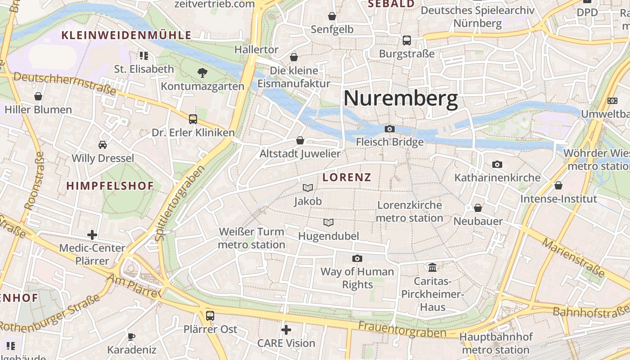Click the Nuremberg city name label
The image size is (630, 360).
(400, 99)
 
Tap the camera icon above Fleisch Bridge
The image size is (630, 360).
(390, 129)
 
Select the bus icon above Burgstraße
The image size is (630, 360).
(407, 40)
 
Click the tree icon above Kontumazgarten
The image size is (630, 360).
(202, 72)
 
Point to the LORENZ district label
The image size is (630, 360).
(347, 177)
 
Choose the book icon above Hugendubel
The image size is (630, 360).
(329, 222)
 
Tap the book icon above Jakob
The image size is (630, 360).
(308, 188)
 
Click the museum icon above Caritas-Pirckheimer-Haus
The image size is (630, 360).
(432, 268)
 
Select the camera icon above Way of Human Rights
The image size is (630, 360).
(357, 258)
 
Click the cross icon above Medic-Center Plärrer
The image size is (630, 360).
(92, 234)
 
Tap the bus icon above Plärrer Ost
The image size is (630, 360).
(210, 315)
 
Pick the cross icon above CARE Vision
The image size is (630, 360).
(286, 330)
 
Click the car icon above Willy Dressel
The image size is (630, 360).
(103, 145)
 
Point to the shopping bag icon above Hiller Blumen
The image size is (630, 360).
(38, 96)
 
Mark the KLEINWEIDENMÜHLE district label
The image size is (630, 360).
(126, 35)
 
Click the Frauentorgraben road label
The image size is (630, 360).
(402, 329)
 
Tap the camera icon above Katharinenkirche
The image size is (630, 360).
(497, 164)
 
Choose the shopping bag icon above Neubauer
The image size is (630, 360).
(478, 208)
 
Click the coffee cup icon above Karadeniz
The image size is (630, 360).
(131, 336)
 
